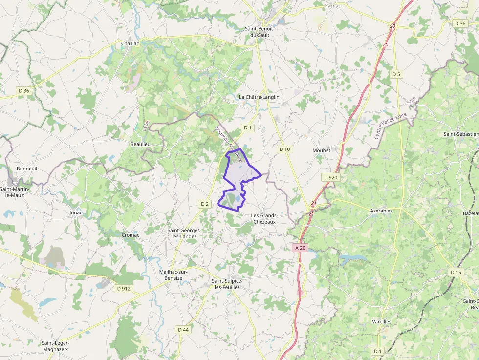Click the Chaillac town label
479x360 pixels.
point(131,43)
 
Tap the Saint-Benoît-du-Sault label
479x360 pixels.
point(260,32)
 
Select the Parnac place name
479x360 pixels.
point(333,6)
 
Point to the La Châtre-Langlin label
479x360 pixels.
point(259,97)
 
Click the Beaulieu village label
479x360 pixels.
point(140,145)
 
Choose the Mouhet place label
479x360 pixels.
point(321,150)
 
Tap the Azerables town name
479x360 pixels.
point(381,211)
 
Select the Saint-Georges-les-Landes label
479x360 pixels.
point(182,233)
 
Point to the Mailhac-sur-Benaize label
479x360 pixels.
point(171,275)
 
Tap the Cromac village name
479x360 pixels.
point(131,235)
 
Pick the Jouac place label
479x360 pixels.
point(76,212)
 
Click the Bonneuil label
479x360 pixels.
point(27,169)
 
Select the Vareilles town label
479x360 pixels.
point(381,322)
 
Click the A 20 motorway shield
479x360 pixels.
point(300,248)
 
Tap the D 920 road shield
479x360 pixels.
point(330,177)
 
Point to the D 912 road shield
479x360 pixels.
point(124,288)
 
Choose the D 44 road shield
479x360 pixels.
point(183,330)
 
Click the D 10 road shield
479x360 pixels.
point(284,149)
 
